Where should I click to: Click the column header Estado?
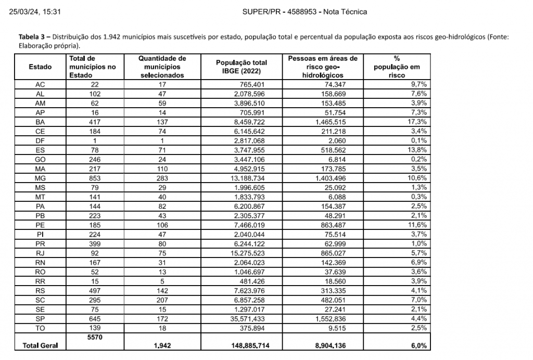point(40,67)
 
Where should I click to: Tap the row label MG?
point(40,178)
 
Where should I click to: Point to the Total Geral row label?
point(40,345)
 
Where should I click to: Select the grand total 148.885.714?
point(251,345)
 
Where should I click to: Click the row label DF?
point(40,140)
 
